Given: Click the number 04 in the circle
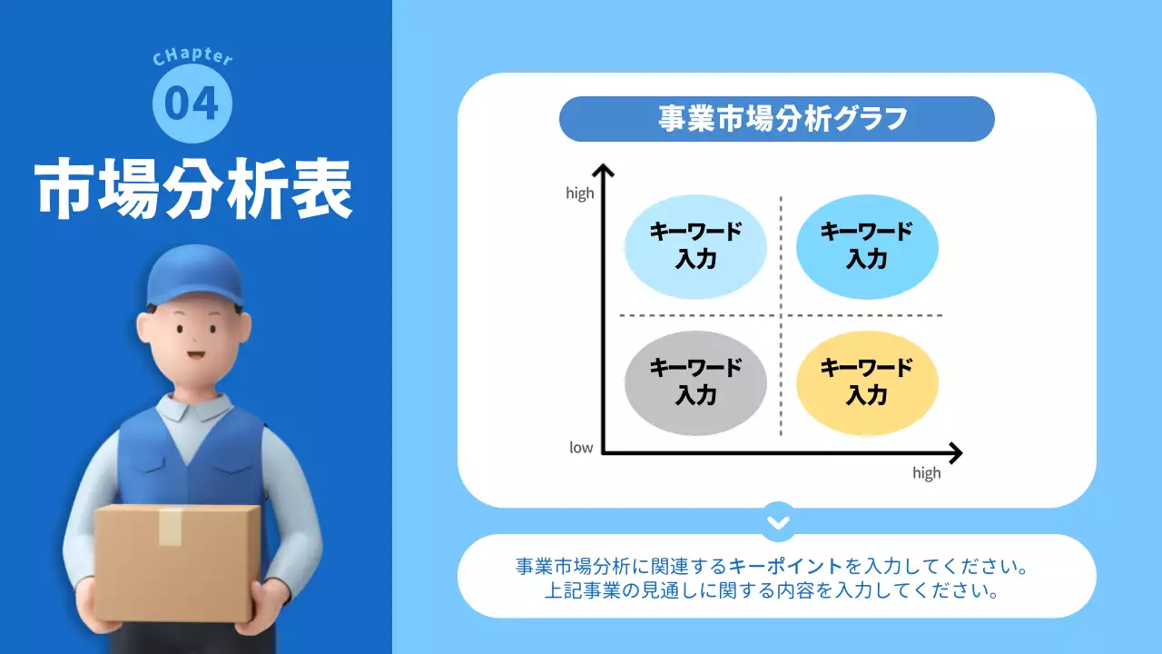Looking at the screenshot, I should (192, 104).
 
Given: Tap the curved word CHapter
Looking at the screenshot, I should (192, 57).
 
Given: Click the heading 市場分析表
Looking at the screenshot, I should (194, 191).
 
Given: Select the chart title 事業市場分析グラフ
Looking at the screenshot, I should (776, 119).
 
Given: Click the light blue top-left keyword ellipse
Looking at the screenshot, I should (695, 246).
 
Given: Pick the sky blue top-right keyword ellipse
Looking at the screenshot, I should (866, 246).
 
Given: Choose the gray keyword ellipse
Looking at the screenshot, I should (695, 382).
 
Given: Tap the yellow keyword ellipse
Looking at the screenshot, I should (866, 382).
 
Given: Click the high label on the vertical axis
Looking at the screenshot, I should (579, 193).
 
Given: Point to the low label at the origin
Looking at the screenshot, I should (581, 447).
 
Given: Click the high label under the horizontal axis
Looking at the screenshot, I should (926, 473).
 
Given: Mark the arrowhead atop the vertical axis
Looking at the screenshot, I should (603, 169).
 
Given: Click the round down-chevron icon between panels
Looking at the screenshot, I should (778, 522).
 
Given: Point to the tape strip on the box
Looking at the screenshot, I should (171, 527).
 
